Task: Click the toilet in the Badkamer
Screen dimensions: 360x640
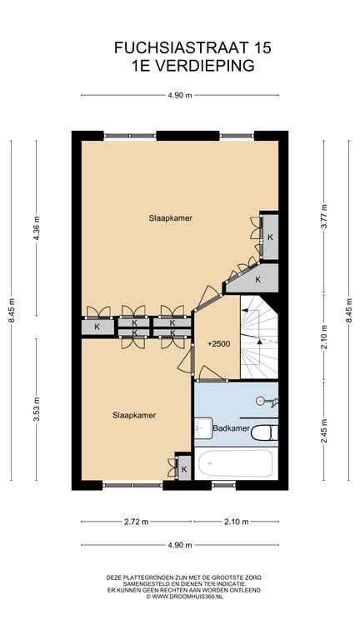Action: tap(264, 432)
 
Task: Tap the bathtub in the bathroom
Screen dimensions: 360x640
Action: tap(236, 463)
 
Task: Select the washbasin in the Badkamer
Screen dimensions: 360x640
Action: tap(202, 427)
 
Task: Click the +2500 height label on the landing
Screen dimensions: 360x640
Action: tap(219, 343)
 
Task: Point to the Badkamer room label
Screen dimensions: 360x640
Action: tap(231, 428)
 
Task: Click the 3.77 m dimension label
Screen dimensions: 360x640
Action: tap(324, 218)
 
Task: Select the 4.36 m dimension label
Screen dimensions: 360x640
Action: tap(37, 228)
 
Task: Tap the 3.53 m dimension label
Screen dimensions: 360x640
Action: tap(37, 409)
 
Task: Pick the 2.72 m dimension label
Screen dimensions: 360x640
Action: tap(136, 521)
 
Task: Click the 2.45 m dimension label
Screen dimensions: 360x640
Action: tap(324, 432)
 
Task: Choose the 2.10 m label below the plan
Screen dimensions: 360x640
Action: tap(236, 521)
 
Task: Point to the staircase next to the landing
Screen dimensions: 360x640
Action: tap(259, 337)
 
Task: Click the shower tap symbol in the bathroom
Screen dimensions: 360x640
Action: tap(267, 402)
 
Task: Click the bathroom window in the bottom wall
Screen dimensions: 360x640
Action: tap(223, 485)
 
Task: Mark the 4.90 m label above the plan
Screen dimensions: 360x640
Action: tap(180, 95)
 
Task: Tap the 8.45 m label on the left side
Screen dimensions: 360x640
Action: tap(12, 310)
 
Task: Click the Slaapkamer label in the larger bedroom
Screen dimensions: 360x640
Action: tap(171, 218)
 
